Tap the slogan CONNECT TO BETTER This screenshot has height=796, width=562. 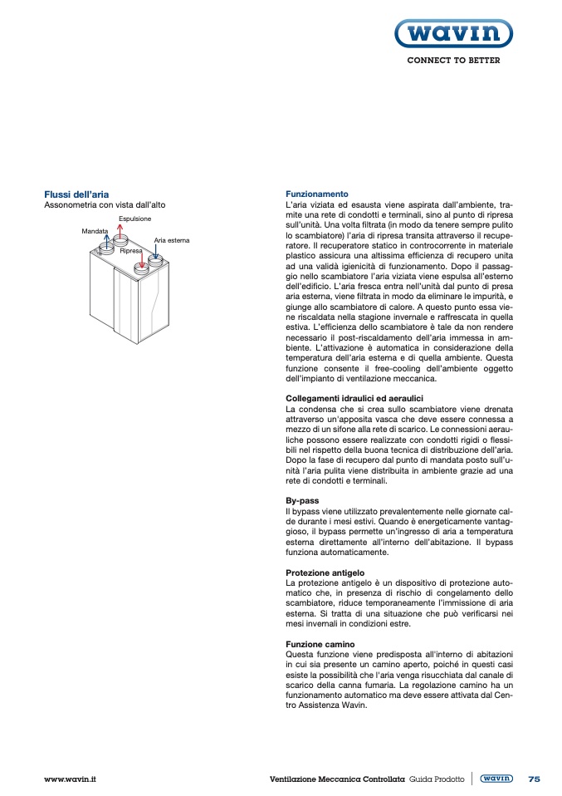[x=452, y=61]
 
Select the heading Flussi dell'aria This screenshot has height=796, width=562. [x=76, y=194]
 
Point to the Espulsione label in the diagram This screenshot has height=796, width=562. [x=134, y=219]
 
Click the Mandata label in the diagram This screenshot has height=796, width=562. [x=95, y=230]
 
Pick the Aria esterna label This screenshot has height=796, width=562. [x=172, y=240]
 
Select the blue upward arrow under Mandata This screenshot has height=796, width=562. [x=105, y=242]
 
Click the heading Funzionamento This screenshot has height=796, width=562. [x=317, y=194]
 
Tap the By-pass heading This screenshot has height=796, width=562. [x=302, y=501]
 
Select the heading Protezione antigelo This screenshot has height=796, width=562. [x=325, y=573]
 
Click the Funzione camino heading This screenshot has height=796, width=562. [x=320, y=644]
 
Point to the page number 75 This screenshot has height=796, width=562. [x=534, y=779]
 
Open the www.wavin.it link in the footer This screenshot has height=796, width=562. [x=71, y=779]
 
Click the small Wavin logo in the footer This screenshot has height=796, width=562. [x=496, y=779]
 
